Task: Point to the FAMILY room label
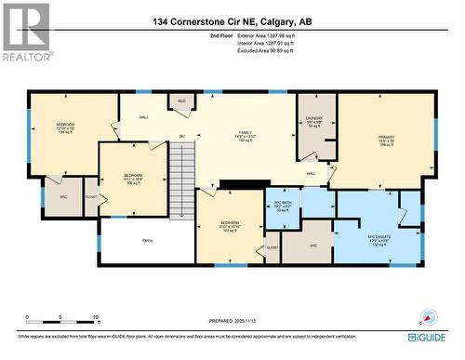tap(246, 137)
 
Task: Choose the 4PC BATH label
tap(283, 207)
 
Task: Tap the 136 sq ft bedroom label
tap(65, 127)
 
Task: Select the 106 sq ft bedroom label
tap(135, 179)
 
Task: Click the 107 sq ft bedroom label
tap(231, 227)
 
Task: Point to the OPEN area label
tap(147, 239)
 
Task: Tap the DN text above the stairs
tap(181, 137)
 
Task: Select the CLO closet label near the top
tap(181, 100)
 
